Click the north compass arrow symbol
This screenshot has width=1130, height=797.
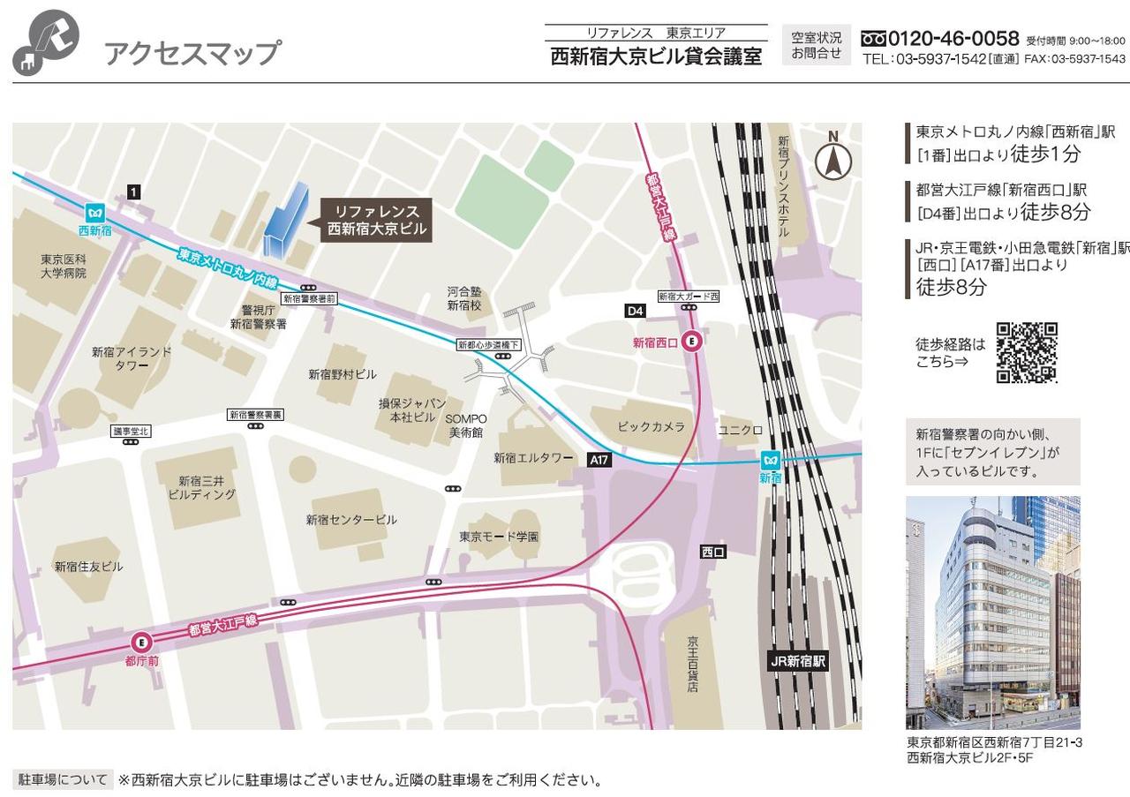coord(832,160)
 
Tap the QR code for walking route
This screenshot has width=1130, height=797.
coord(1027,353)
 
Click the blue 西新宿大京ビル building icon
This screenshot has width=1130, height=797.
coord(286,221)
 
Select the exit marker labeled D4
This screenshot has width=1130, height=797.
coord(636,311)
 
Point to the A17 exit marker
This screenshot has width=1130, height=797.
coord(599,460)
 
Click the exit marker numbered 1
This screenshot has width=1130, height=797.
coord(133,192)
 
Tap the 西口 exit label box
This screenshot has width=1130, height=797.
coord(712,553)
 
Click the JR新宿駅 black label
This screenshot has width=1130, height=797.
coord(798,661)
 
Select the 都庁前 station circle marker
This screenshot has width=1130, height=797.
coord(141,643)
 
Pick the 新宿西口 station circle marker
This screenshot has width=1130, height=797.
coord(692,342)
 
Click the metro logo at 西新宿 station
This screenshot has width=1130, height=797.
coord(95,213)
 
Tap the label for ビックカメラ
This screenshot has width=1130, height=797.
coord(651,427)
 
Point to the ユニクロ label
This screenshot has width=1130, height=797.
coord(740,430)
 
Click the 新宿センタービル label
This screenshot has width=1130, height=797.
coord(351,520)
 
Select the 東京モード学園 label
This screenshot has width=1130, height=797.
coord(499,537)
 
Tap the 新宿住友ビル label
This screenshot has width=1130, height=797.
coord(88,567)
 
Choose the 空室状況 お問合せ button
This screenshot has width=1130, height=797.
coord(817,45)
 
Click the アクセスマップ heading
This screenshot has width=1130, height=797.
coord(192,53)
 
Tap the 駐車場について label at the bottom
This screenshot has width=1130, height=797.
coord(63,780)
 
